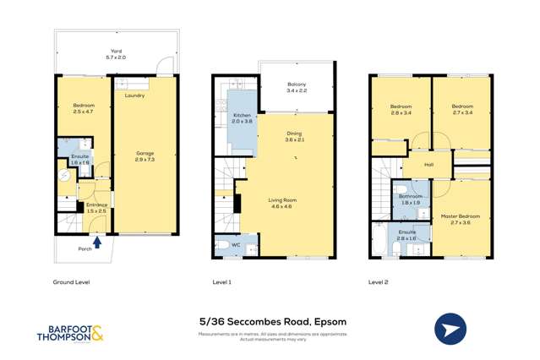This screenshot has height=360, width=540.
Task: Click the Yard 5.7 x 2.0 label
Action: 116,54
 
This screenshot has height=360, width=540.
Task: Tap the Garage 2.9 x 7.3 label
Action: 145,156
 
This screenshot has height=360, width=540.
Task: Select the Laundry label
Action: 134,95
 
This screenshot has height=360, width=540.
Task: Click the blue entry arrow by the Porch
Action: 97,243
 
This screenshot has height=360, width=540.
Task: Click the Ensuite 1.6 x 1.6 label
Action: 80,159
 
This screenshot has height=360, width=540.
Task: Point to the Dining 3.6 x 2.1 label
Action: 294,136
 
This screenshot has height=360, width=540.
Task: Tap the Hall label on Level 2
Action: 428,165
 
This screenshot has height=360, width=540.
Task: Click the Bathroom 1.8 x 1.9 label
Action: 411,199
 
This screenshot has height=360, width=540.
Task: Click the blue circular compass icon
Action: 450,330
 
